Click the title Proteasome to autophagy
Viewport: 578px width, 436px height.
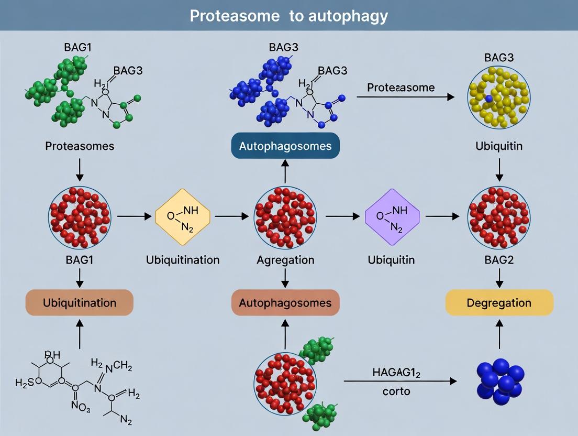coord(288,16)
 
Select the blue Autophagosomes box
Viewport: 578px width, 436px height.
coord(285,146)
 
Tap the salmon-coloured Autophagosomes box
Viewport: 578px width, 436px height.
coord(285,303)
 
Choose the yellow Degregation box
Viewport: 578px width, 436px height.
coord(499,303)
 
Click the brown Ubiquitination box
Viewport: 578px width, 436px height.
coord(80,303)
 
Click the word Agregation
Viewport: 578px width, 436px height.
coord(285,260)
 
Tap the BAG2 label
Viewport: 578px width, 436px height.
coord(499,260)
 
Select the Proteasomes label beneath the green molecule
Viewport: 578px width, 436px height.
coord(80,146)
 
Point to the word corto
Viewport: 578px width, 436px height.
coord(396,391)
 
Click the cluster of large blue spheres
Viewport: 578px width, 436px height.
coord(500,381)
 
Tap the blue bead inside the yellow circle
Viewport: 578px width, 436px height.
coord(488,98)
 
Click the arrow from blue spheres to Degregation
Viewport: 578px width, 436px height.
coord(499,335)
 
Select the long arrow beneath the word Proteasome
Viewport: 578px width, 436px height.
coord(405,97)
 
